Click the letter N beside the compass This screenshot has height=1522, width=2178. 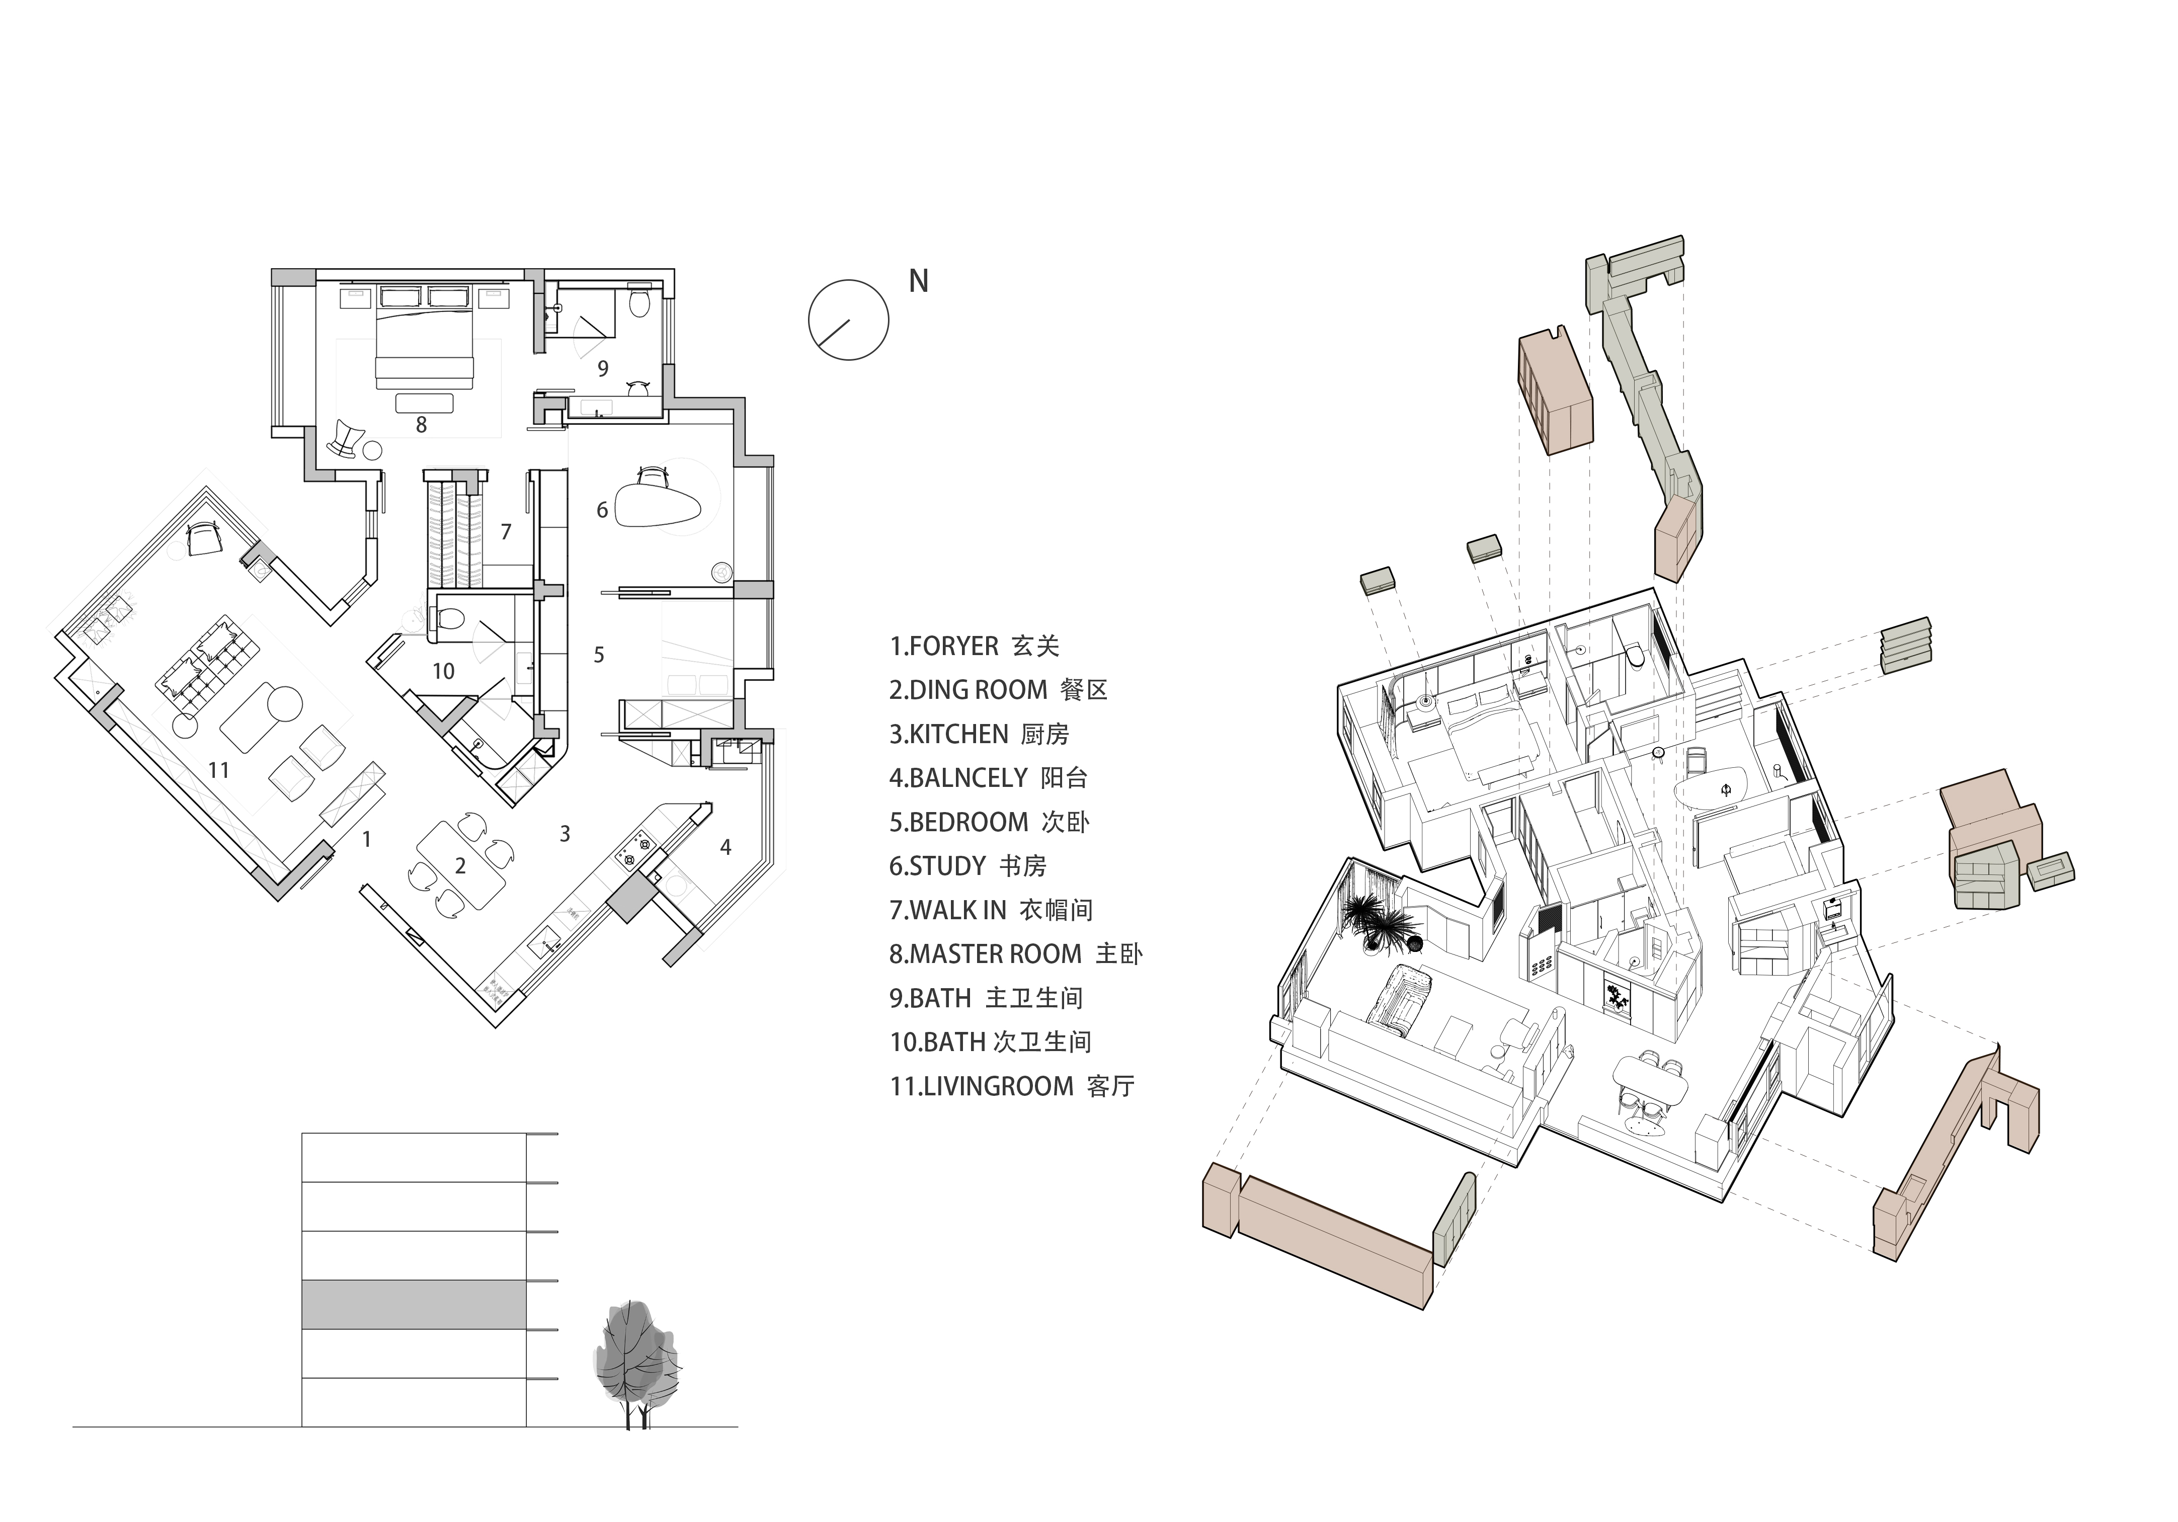918,281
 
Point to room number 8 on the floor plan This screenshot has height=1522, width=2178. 421,425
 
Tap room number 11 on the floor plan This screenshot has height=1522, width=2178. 219,770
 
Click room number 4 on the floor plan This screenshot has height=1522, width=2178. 725,847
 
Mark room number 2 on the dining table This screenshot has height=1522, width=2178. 460,865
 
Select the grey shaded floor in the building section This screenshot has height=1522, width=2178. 414,1304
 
